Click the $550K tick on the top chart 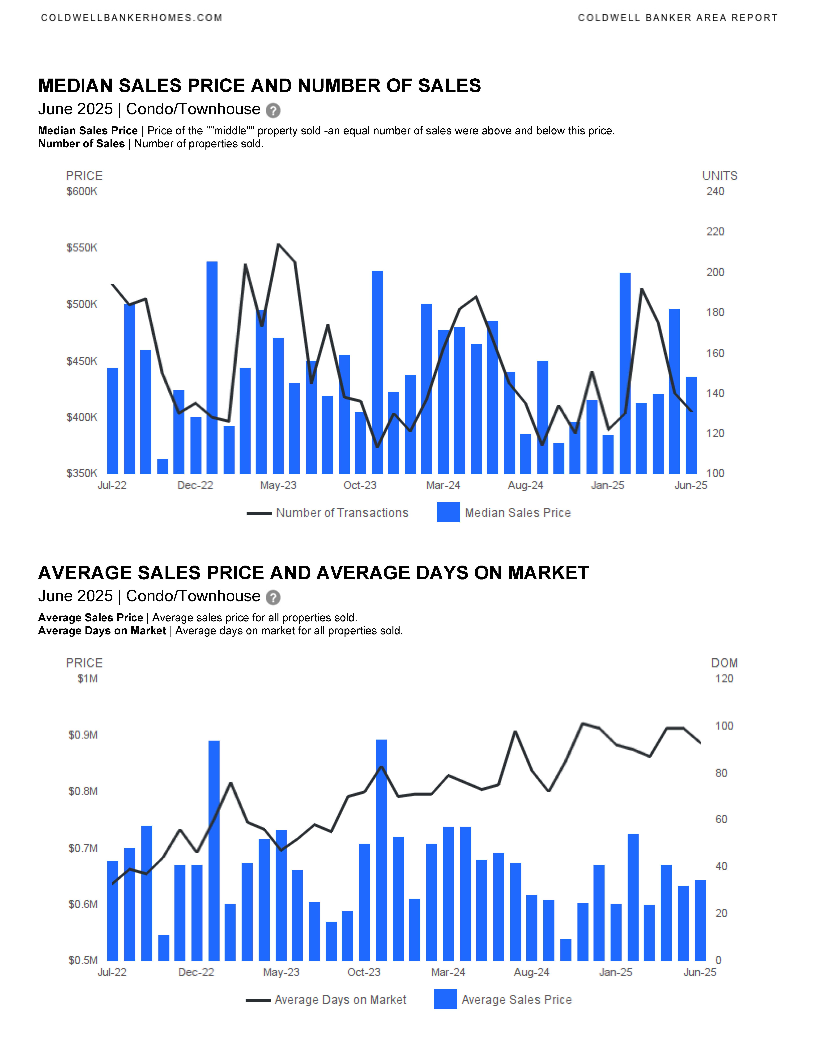[82, 248]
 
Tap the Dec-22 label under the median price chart [195, 485]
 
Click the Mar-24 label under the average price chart [448, 972]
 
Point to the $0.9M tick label [83, 735]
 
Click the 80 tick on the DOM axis [721, 773]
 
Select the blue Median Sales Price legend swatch [448, 512]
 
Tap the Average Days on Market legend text [340, 1000]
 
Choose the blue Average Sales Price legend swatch [445, 999]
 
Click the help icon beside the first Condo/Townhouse [273, 110]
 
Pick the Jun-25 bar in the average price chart [700, 920]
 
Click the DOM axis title [724, 663]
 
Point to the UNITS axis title [720, 176]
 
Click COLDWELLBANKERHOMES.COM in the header [131, 18]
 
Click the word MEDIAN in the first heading [76, 86]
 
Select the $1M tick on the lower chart [88, 679]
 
